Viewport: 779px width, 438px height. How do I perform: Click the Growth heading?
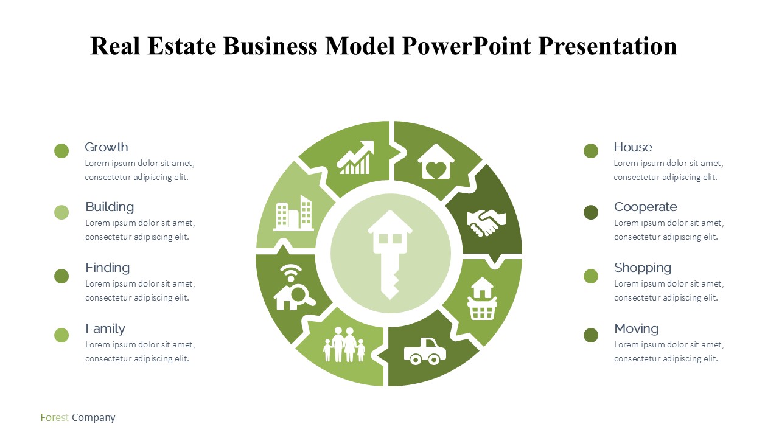[107, 147]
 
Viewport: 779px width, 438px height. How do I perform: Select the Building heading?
[110, 207]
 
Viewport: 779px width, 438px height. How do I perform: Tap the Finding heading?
[108, 268]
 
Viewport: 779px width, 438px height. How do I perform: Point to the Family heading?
[105, 329]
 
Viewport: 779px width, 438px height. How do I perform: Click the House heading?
[633, 147]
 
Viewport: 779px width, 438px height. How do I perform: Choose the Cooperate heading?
[646, 207]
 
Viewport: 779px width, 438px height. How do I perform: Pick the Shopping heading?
[643, 268]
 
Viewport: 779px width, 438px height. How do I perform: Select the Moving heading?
[637, 329]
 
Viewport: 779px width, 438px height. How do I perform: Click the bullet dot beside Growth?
[61, 151]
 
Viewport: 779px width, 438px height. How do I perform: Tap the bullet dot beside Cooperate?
[591, 212]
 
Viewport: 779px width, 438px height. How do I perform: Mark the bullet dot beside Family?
[61, 335]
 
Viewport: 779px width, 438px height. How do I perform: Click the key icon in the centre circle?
[390, 255]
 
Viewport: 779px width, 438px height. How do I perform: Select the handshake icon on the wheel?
[486, 223]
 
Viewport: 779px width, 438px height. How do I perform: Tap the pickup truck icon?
[425, 351]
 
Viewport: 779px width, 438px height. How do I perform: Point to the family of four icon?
[344, 344]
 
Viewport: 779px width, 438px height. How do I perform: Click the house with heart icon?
[436, 162]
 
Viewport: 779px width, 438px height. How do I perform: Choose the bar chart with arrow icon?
[355, 157]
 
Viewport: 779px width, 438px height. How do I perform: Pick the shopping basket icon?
[482, 298]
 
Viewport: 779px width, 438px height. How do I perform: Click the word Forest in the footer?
[54, 417]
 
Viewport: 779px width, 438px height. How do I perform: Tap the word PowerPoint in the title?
[466, 46]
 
